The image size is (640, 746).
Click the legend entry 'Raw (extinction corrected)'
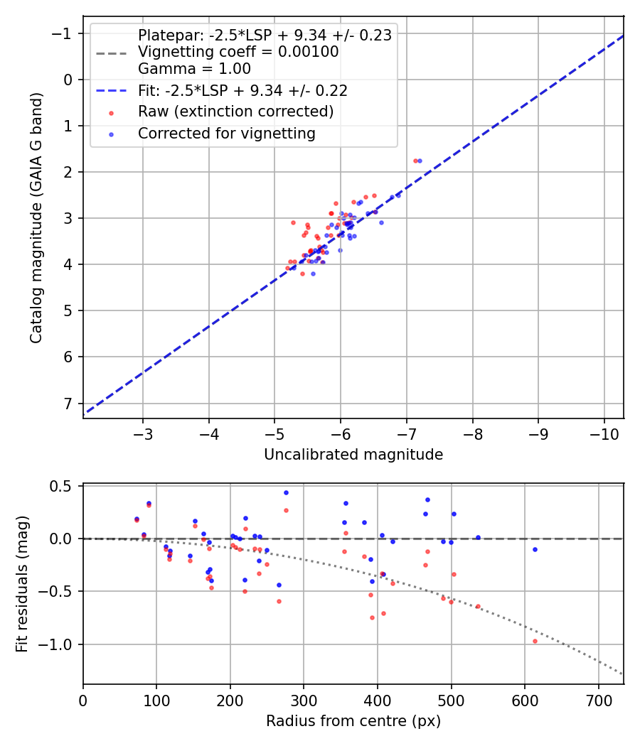pos(235,112)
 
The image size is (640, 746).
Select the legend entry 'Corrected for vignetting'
pos(226,133)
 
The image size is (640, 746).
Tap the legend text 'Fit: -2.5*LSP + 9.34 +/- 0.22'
pos(242,90)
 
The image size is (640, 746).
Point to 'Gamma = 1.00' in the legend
pos(194,69)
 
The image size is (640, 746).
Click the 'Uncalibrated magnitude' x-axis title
pos(353,455)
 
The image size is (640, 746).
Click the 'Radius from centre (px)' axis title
pos(353,721)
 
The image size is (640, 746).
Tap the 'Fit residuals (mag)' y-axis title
pos(22,584)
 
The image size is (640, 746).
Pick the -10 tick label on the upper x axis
pos(604,433)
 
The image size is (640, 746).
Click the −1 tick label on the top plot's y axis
pos(63,33)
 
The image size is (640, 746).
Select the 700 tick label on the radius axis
pos(598,699)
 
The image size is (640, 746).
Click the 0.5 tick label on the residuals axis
pos(63,486)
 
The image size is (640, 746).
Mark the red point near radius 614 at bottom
pos(535,641)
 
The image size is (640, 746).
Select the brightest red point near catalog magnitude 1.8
pos(415,161)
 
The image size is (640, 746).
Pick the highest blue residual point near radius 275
pos(286,492)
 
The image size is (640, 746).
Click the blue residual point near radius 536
pos(478,537)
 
